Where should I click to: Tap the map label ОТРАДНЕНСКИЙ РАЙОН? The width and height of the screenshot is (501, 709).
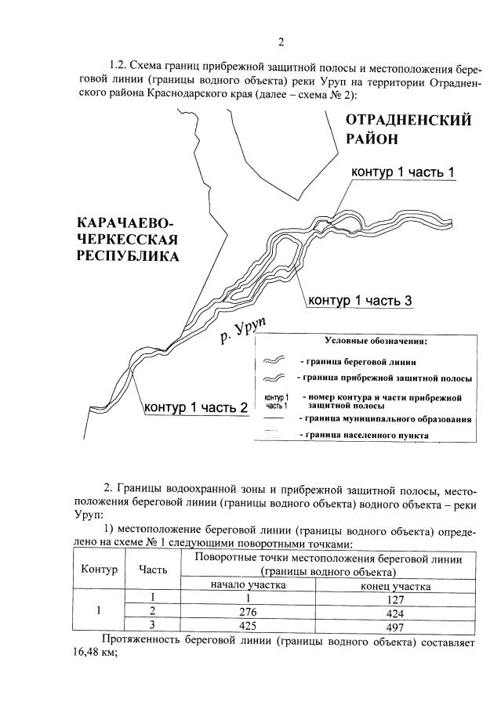pos(408,129)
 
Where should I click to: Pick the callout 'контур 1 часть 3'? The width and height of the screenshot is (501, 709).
pos(359,300)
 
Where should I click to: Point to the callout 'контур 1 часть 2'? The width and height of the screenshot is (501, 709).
pos(196,407)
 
